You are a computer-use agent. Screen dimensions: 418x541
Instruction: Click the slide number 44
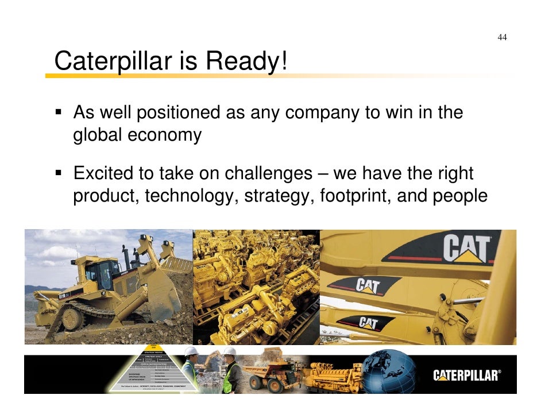(502, 38)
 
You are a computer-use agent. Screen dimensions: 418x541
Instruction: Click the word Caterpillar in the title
(113, 61)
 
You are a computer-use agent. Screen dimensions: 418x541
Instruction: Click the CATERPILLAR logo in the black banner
(466, 376)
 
